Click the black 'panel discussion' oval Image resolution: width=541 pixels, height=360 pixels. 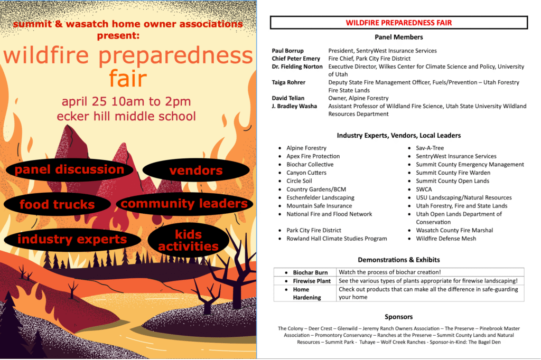[x=69, y=169]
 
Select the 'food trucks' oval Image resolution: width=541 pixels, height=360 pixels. [x=57, y=204]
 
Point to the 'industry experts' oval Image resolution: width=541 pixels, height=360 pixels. [x=72, y=239]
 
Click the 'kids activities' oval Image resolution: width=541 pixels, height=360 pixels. [x=188, y=240]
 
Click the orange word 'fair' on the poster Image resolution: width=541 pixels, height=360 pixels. [x=127, y=79]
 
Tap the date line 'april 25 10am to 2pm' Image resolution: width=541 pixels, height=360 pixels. [x=126, y=101]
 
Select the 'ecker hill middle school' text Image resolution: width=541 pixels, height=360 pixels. [x=126, y=116]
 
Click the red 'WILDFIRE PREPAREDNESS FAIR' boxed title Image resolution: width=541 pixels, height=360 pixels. [x=398, y=23]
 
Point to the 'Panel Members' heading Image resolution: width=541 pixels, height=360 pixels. [x=398, y=37]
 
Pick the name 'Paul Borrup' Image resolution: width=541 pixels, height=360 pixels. [x=288, y=51]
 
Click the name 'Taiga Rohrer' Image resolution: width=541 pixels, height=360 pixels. [x=288, y=82]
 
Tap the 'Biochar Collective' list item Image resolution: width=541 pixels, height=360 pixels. [x=310, y=165]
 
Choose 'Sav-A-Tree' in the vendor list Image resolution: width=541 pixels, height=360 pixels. [x=430, y=148]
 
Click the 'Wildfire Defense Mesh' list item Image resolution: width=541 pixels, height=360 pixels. [x=446, y=239]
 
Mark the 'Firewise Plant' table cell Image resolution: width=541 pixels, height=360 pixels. [x=312, y=281]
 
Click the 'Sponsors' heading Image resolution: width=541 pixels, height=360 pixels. [x=398, y=317]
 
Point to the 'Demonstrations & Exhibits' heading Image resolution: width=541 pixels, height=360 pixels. [x=398, y=260]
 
